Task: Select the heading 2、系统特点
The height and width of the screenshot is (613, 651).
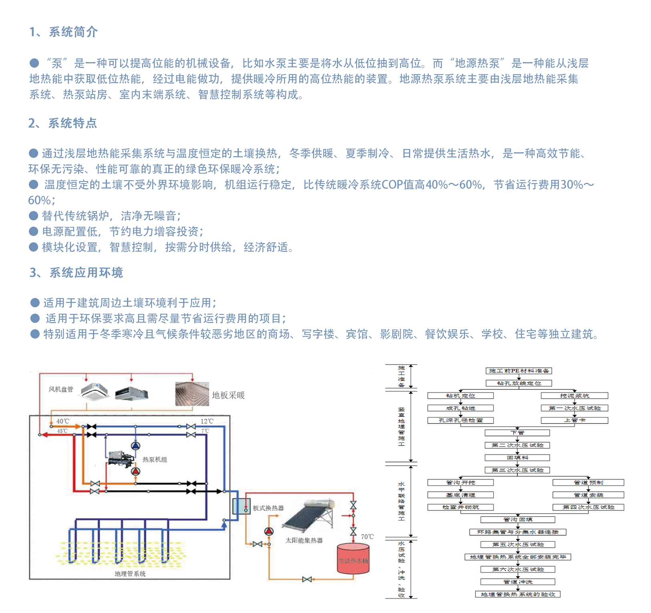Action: (62, 123)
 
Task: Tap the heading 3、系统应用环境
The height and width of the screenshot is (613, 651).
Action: (76, 273)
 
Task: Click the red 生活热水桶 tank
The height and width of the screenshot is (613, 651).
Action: (353, 559)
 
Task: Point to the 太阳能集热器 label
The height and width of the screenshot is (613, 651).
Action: (304, 540)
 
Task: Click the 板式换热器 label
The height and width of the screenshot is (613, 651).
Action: (268, 508)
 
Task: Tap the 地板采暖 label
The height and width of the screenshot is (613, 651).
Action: (228, 395)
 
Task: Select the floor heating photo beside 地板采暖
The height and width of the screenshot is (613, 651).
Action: (192, 394)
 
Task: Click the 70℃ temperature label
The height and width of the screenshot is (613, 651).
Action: (367, 536)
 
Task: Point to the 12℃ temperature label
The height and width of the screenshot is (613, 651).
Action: (207, 421)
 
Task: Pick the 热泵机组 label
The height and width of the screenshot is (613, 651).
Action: (155, 460)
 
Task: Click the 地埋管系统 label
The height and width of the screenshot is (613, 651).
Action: (130, 574)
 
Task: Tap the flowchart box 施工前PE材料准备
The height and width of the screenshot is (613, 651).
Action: (519, 371)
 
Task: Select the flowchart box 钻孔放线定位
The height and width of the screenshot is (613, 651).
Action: (519, 383)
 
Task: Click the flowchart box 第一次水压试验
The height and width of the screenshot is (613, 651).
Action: (574, 408)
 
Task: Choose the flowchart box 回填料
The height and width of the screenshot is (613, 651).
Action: (517, 458)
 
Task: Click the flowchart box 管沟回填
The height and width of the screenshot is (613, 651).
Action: (518, 520)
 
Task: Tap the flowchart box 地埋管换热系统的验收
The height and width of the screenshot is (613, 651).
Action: (518, 594)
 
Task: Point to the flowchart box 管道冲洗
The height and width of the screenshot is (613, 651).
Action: (518, 582)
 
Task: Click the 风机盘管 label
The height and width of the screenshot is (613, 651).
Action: (61, 389)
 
